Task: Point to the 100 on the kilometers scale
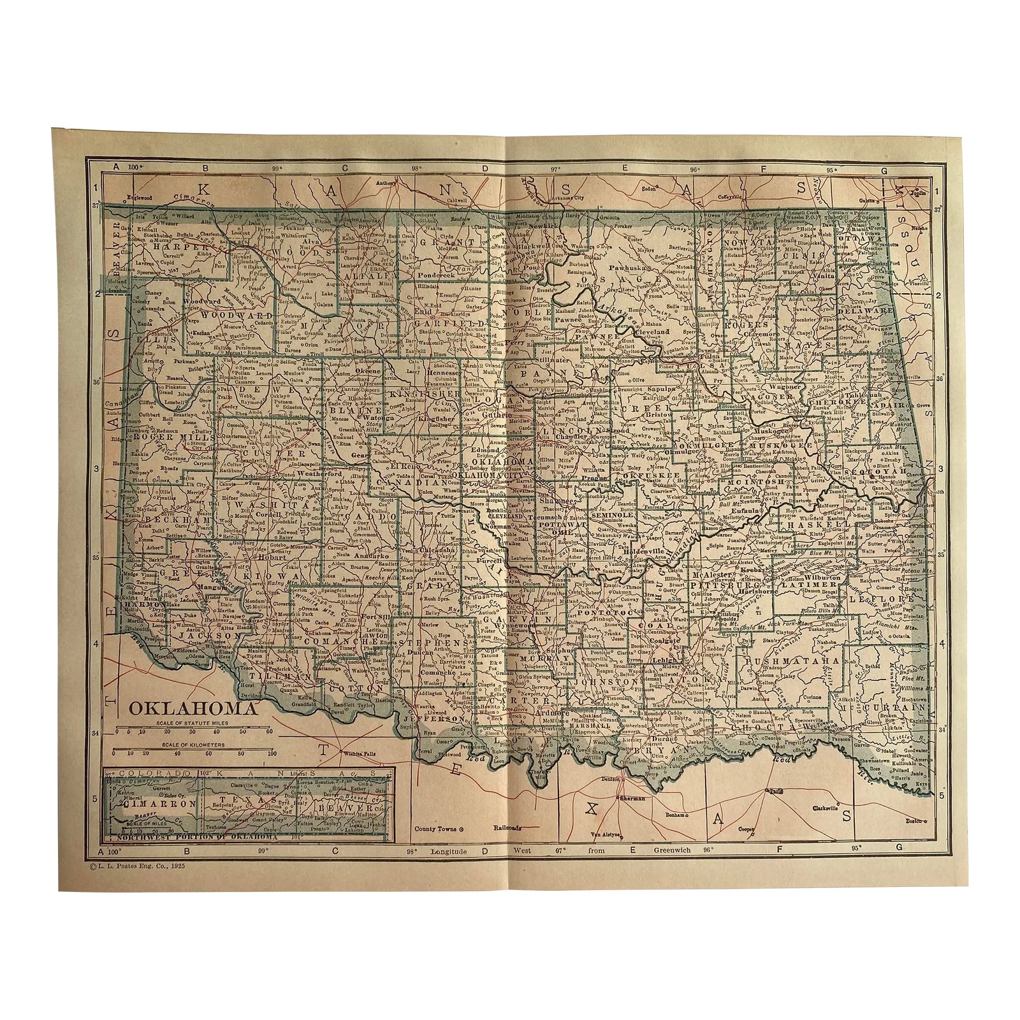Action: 271,753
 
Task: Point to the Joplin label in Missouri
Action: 918,191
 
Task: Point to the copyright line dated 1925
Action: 148,867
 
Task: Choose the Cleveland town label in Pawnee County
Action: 652,332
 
